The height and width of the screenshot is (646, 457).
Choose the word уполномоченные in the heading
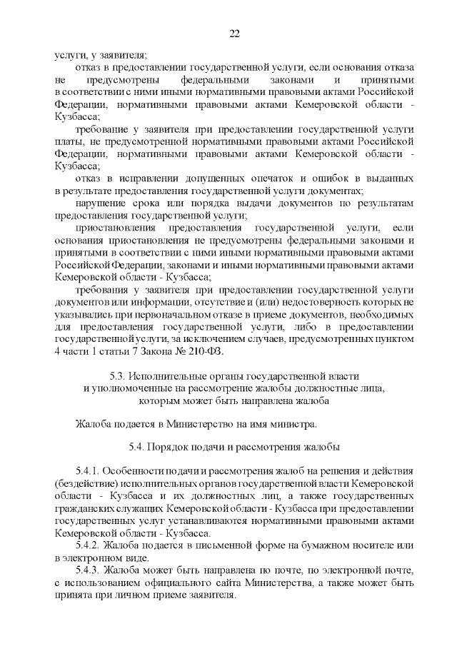click(133, 388)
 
